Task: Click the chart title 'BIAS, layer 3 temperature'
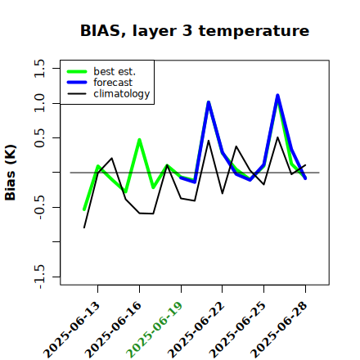[195, 30]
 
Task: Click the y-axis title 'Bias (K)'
[11, 173]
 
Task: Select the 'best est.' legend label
[115, 71]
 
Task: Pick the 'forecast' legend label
[113, 83]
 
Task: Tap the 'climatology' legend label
[122, 94]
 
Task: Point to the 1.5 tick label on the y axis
[39, 68]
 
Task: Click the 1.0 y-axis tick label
[39, 103]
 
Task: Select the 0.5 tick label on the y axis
[39, 138]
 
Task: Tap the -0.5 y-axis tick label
[39, 207]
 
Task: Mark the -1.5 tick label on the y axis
[39, 277]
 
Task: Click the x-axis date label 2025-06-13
[72, 330]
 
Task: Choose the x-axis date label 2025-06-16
[114, 330]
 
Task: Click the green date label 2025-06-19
[155, 330]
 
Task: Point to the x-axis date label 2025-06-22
[196, 330]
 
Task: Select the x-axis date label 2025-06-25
[238, 330]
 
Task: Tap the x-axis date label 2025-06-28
[279, 330]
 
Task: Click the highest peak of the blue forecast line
[277, 96]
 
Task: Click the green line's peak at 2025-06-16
[139, 140]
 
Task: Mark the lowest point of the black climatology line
[84, 227]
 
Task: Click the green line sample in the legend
[77, 71]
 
